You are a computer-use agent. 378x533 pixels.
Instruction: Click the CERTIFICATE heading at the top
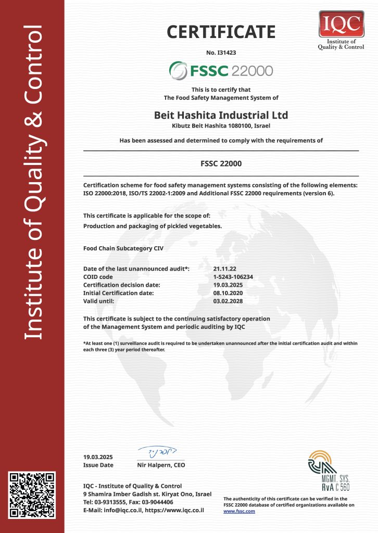(221, 32)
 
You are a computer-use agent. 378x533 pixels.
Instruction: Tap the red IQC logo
(341, 23)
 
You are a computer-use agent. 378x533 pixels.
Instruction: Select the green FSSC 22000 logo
(221, 70)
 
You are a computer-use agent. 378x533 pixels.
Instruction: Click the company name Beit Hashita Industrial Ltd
(221, 115)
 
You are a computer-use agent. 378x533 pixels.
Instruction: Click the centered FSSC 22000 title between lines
(221, 163)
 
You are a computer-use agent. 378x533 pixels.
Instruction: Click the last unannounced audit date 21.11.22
(224, 269)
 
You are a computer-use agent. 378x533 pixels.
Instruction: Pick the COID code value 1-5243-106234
(233, 277)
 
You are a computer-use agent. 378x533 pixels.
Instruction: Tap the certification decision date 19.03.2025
(229, 285)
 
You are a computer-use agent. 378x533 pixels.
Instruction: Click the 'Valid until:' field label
(98, 301)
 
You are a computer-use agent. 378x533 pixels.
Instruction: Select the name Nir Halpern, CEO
(161, 465)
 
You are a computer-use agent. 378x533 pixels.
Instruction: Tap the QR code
(32, 494)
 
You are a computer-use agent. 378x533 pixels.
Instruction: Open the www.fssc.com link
(239, 511)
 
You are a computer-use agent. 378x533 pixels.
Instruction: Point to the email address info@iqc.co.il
(120, 510)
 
